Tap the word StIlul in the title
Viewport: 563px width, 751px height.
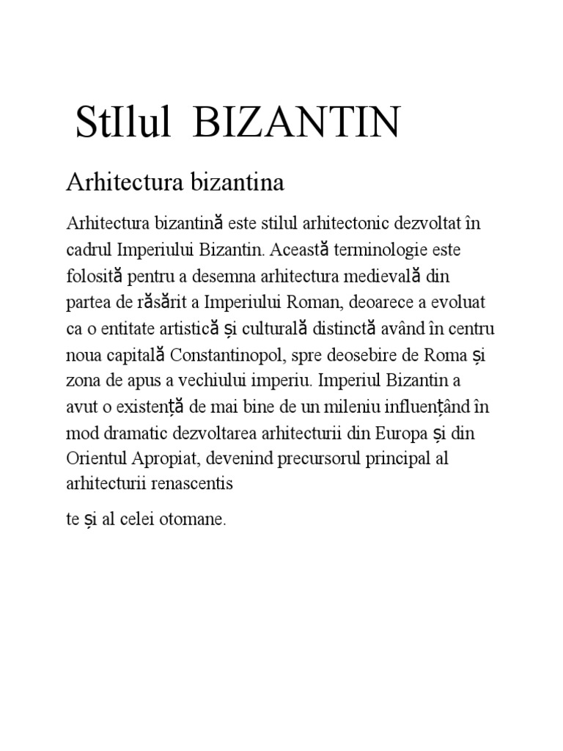(124, 122)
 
